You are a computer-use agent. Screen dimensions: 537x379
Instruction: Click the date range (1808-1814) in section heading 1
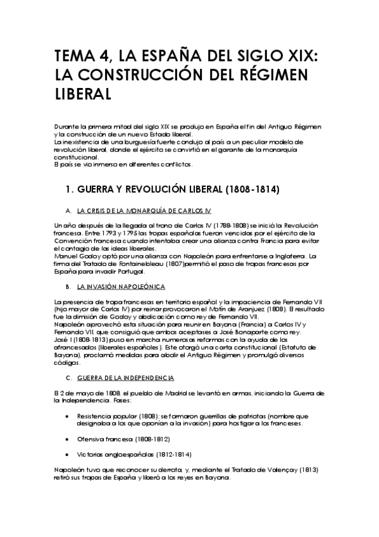[x=249, y=189]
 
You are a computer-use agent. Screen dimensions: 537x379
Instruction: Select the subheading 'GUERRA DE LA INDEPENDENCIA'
[x=125, y=378]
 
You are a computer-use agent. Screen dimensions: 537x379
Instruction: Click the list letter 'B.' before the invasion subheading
[x=68, y=287]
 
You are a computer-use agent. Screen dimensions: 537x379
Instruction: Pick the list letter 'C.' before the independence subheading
[x=68, y=378]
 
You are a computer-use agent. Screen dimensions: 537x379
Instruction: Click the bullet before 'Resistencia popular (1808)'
[x=68, y=416]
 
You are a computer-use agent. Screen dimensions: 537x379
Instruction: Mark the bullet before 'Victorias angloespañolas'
[x=68, y=454]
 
